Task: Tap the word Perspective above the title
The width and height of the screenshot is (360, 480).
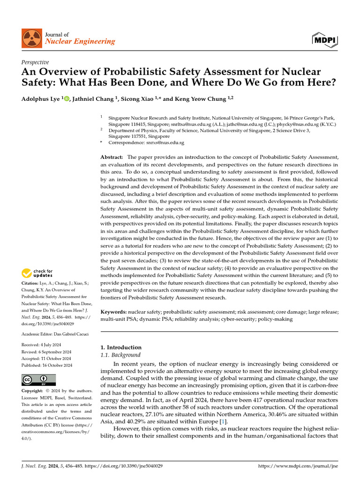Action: pyautogui.click(x=35, y=62)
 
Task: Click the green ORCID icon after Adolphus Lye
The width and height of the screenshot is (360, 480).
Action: pyautogui.click(x=67, y=98)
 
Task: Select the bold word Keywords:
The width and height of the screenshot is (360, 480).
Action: pyautogui.click(x=114, y=311)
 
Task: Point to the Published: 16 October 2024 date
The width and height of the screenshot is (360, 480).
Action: pyautogui.click(x=47, y=365)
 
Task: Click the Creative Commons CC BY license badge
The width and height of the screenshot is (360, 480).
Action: pyautogui.click(x=38, y=379)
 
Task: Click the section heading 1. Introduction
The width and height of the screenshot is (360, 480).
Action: pyautogui.click(x=121, y=347)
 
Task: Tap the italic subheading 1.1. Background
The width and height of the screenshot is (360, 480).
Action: pyautogui.click(x=120, y=355)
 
